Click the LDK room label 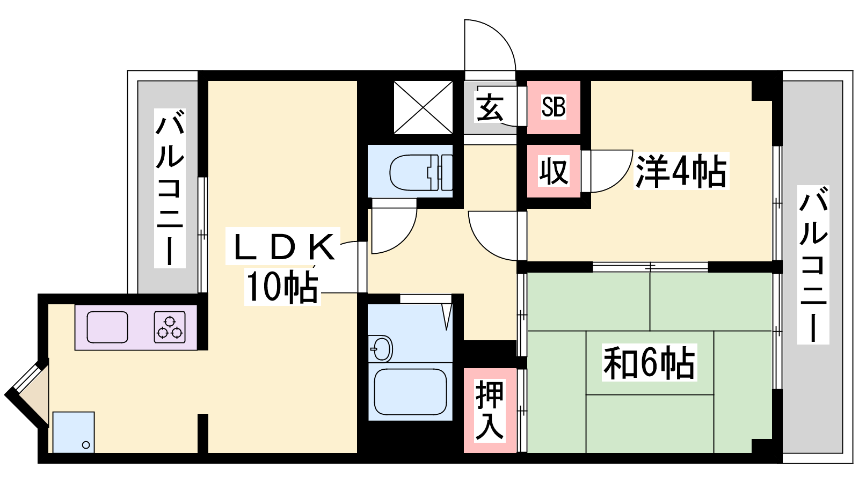pos(283,246)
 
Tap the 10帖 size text pos(282,286)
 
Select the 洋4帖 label pos(681,171)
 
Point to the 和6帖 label pos(649,362)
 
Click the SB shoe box pos(554,107)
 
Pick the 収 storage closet pos(554,171)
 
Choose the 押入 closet pos(490,410)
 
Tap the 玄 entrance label pos(489,108)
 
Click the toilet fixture pos(421,172)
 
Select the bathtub pos(410,391)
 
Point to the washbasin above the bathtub pos(381,348)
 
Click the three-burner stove pos(170,327)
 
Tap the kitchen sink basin pos(107,327)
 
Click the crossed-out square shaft pos(424,107)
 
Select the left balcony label pos(170,188)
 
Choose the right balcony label pos(813,265)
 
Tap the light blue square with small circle pos(73,433)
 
